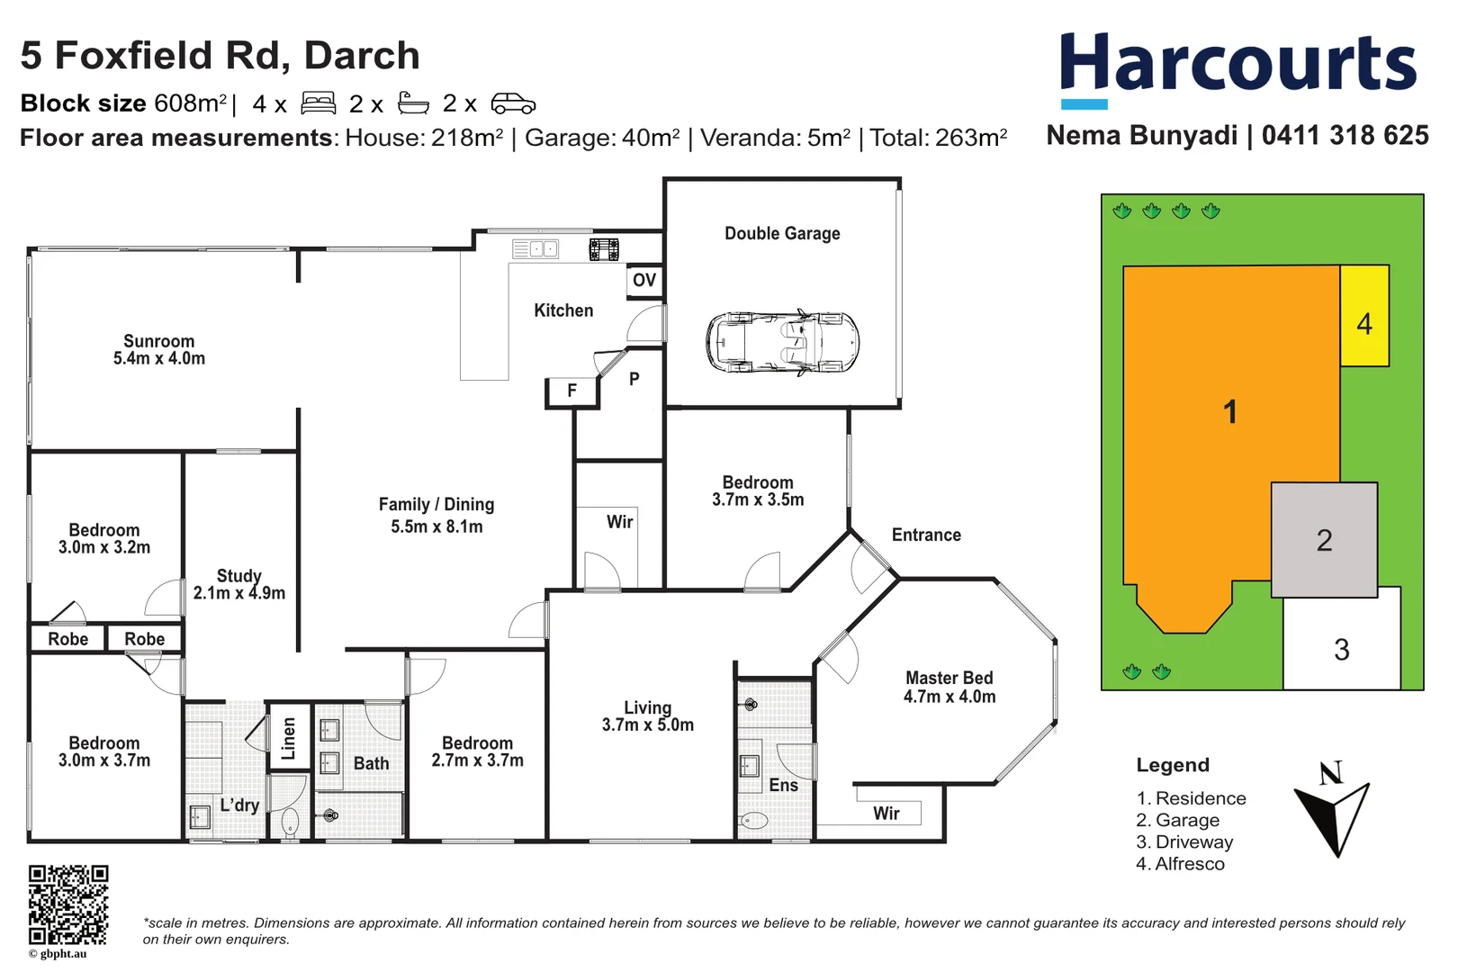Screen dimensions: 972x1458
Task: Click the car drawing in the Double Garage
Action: pos(782,343)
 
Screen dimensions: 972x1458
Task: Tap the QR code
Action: pos(67,904)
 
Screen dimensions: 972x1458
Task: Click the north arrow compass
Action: pos(1333,810)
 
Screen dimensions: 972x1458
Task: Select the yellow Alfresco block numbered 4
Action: pos(1364,316)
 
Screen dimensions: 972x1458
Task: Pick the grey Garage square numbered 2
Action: pos(1324,540)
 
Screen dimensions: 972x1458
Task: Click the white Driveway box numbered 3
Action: pos(1342,648)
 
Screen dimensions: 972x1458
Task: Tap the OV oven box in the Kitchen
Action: pos(644,281)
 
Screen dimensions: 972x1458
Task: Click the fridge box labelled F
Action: pos(571,391)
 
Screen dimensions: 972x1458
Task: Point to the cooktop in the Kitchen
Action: pos(604,249)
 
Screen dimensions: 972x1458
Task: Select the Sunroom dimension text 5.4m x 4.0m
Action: pos(159,358)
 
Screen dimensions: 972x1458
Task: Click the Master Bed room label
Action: pos(949,678)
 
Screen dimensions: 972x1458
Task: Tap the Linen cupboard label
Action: pos(289,738)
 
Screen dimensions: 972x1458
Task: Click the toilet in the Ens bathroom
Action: pos(752,820)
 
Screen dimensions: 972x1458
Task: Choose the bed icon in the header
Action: pos(318,103)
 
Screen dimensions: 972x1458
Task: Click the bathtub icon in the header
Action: pos(413,103)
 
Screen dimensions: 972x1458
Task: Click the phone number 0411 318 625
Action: pos(1345,136)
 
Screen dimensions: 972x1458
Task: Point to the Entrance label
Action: pos(926,535)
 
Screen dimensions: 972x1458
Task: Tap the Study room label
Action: pos(239,576)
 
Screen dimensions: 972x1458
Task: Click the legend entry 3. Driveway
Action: pos(1183,842)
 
